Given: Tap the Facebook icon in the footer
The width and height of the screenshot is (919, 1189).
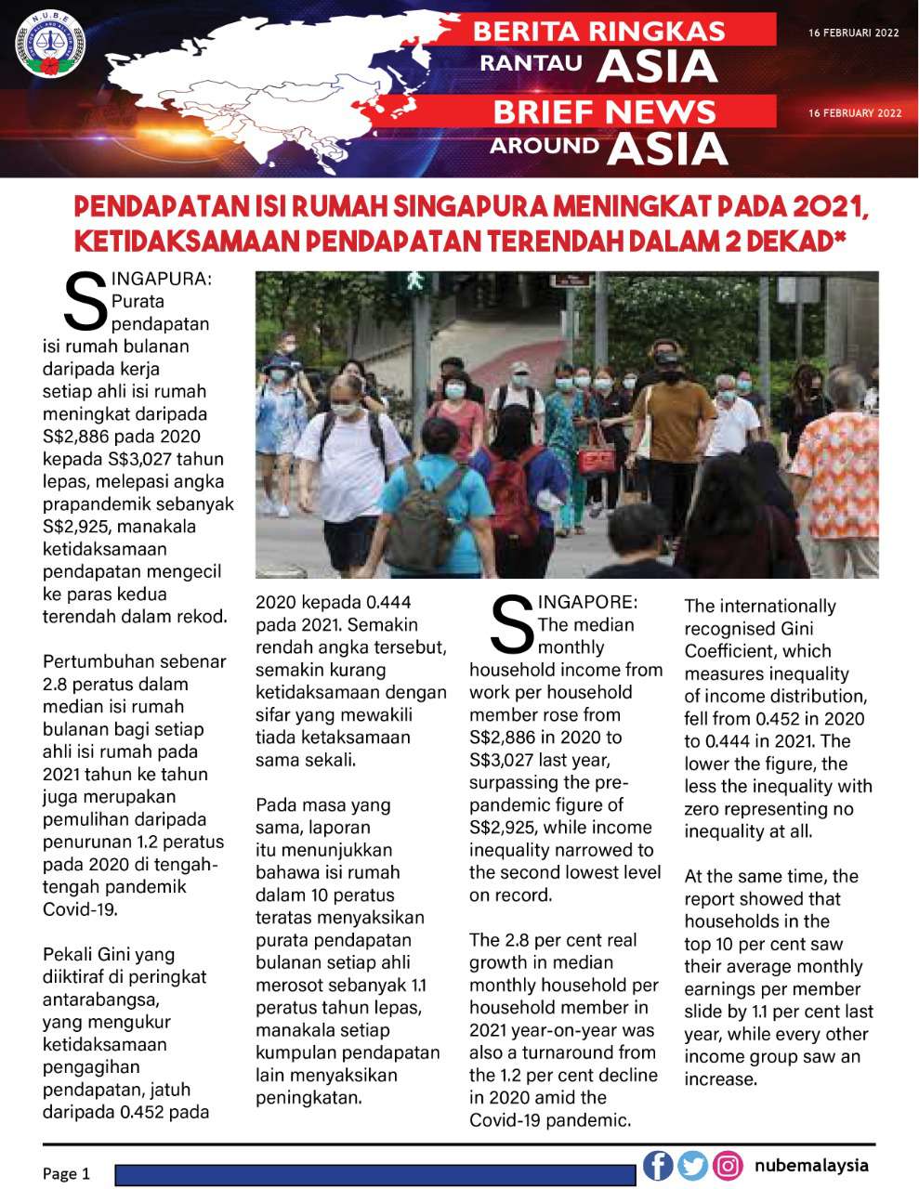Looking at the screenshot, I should [658, 1165].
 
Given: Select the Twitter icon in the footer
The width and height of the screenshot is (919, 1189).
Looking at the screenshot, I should [692, 1165].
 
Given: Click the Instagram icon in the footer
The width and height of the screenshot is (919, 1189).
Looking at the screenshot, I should [729, 1165].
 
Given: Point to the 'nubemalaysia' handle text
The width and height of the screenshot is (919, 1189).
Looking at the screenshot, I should [811, 1165].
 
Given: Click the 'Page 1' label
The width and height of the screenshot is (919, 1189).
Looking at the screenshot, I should [66, 1173].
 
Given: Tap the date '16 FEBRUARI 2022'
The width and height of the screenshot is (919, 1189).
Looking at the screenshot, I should [854, 33].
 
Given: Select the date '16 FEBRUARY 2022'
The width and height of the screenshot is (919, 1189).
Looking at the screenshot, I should [855, 113].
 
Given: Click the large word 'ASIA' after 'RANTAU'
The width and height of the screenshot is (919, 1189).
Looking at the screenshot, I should [657, 66].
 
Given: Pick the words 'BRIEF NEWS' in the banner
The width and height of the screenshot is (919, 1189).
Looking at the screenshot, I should [604, 112].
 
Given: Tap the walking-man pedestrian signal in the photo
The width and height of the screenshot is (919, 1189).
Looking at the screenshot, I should [413, 279].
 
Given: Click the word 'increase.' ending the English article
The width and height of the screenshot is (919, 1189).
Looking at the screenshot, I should [721, 1079].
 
